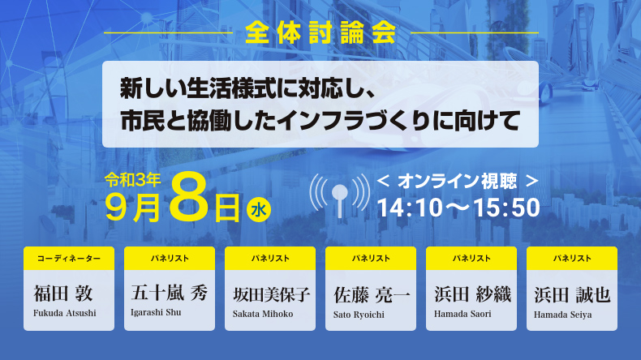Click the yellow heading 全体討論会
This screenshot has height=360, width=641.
(x=321, y=32)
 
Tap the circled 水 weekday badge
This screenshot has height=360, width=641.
(x=259, y=211)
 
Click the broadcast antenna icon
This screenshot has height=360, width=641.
(x=340, y=195)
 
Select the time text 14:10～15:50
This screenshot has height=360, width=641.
(x=458, y=208)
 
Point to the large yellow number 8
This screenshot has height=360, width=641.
(x=190, y=198)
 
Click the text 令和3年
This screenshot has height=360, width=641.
(x=132, y=180)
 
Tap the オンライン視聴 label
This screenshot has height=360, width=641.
(x=457, y=181)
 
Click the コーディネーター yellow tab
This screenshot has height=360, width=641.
(x=69, y=259)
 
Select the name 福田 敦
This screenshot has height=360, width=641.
(x=63, y=294)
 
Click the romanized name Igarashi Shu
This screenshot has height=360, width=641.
(x=156, y=313)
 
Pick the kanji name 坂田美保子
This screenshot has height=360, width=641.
(x=271, y=294)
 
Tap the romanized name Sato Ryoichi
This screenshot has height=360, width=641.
(x=359, y=315)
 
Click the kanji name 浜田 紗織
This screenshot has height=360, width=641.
(x=472, y=294)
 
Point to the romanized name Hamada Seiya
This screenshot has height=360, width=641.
(x=562, y=315)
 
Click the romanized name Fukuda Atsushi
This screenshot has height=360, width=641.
(x=65, y=314)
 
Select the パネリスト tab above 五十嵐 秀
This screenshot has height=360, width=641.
(x=170, y=259)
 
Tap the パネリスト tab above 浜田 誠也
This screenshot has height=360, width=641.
(x=572, y=259)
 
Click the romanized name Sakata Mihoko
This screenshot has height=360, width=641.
(x=263, y=314)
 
